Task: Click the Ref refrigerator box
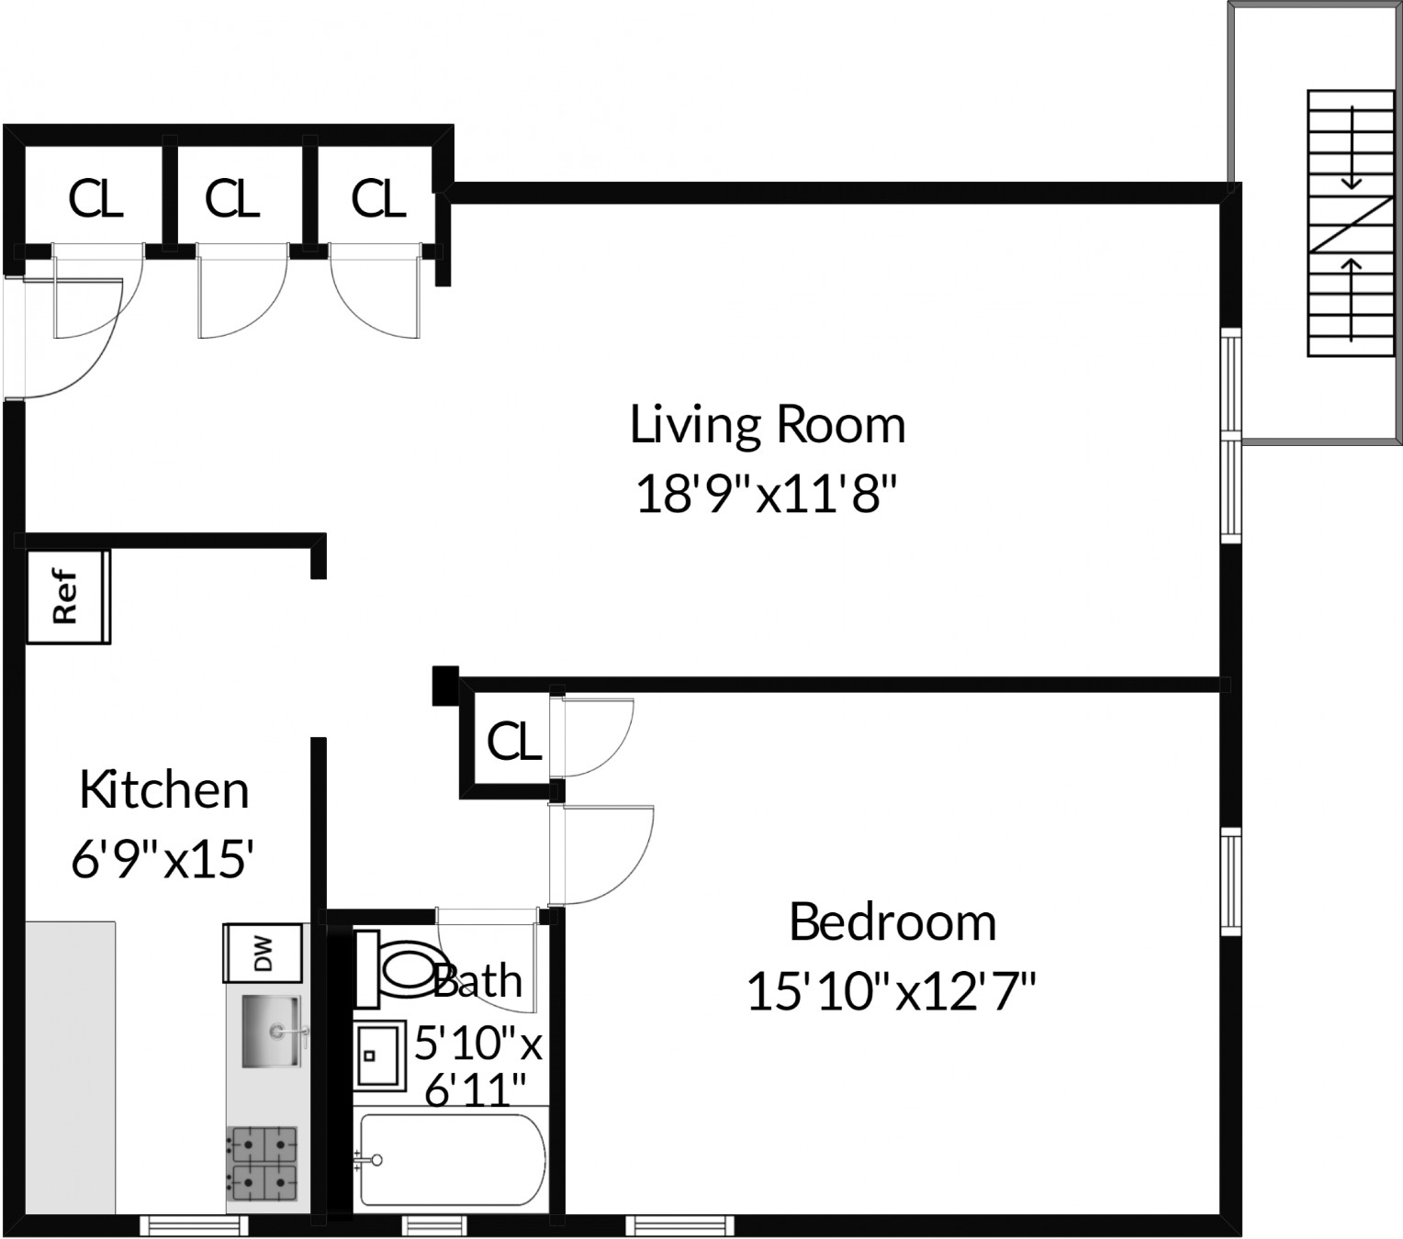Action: click(67, 597)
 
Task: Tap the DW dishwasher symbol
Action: click(263, 953)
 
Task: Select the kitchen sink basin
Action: click(270, 1032)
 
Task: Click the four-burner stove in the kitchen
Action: click(263, 1165)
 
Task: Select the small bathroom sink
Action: click(379, 1055)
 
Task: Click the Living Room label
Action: click(767, 425)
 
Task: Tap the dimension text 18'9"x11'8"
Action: click(765, 497)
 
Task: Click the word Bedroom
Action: click(892, 922)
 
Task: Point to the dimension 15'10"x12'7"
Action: click(891, 992)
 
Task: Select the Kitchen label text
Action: click(164, 790)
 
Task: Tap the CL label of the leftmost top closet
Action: click(95, 198)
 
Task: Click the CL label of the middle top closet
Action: click(232, 198)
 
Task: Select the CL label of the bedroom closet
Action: click(513, 742)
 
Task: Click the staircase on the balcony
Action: click(1351, 223)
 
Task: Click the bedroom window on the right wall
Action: click(1230, 882)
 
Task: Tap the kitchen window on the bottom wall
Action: click(194, 1225)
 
